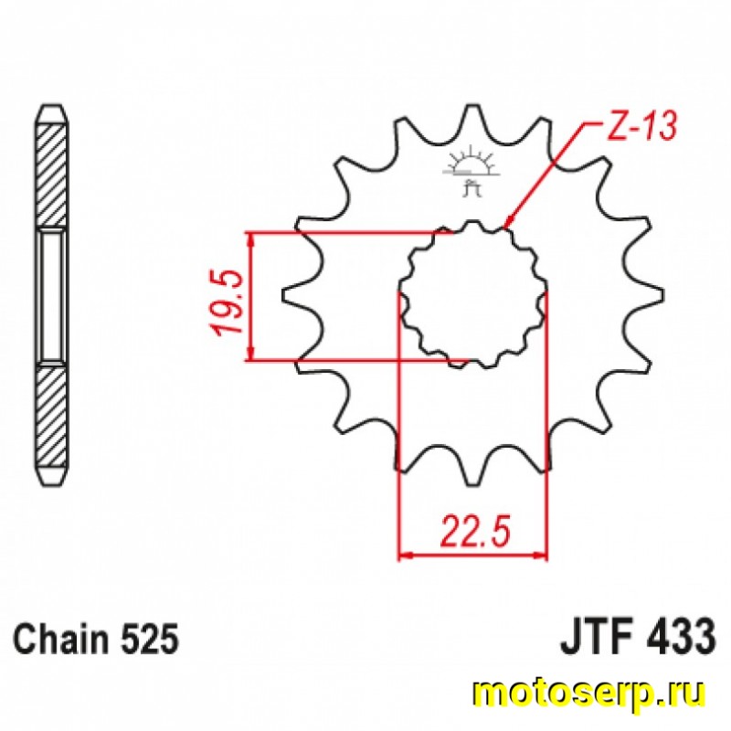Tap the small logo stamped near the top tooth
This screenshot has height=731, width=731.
point(472,174)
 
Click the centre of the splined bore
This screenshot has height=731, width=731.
point(472,294)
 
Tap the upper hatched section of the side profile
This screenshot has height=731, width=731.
point(51,174)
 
